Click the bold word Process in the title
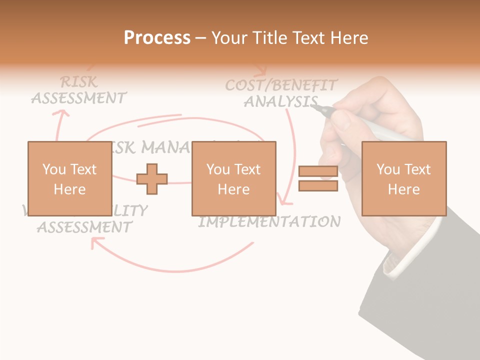157,37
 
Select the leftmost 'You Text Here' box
69,178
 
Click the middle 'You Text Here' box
233,178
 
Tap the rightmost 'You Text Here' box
403,178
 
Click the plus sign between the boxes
152,178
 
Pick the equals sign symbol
318,178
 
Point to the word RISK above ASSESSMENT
78,81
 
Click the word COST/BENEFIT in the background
281,85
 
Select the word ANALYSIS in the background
280,101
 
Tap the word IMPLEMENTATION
270,221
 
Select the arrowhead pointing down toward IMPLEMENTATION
285,201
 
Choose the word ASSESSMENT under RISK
79,98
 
